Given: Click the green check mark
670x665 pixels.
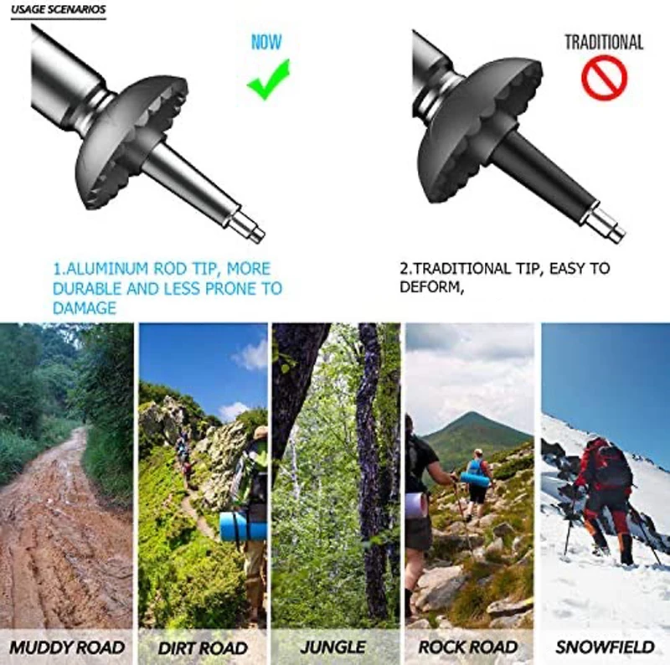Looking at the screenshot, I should click(268, 79).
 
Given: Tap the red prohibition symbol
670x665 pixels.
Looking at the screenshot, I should click(604, 78).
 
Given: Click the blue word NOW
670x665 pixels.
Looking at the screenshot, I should click(266, 42).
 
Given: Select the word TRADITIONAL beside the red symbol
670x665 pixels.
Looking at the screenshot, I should click(603, 42).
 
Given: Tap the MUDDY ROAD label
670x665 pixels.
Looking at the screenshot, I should click(67, 647).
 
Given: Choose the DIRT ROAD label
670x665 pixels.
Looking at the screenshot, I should click(203, 647).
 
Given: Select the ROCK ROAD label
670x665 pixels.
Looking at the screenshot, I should click(469, 647).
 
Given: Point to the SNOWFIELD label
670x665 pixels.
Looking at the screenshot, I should click(605, 647).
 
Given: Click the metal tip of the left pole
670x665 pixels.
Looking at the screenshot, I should click(249, 227).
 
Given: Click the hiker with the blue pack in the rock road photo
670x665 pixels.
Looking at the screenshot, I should click(478, 473).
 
